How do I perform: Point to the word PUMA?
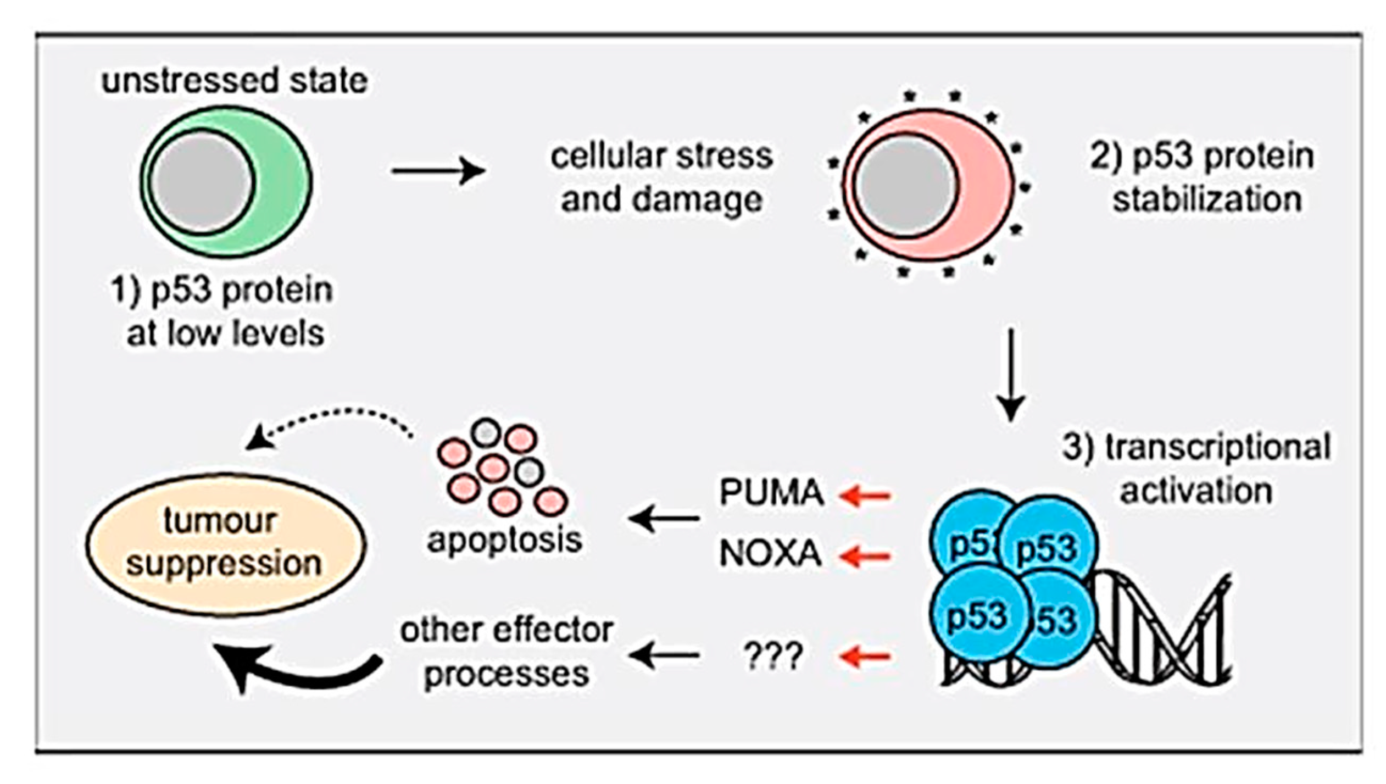coord(771,492)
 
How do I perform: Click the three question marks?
coord(773,655)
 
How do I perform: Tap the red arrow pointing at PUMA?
coord(865,496)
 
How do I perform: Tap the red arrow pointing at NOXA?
coord(865,556)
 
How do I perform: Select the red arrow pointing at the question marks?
coord(865,656)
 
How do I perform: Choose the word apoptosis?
coord(504,541)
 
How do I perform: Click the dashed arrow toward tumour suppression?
coord(330,420)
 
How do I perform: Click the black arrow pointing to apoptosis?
coord(665,518)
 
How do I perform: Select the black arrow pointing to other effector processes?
coord(665,654)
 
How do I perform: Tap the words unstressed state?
coord(235,81)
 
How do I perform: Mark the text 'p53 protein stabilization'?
coord(1203,177)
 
